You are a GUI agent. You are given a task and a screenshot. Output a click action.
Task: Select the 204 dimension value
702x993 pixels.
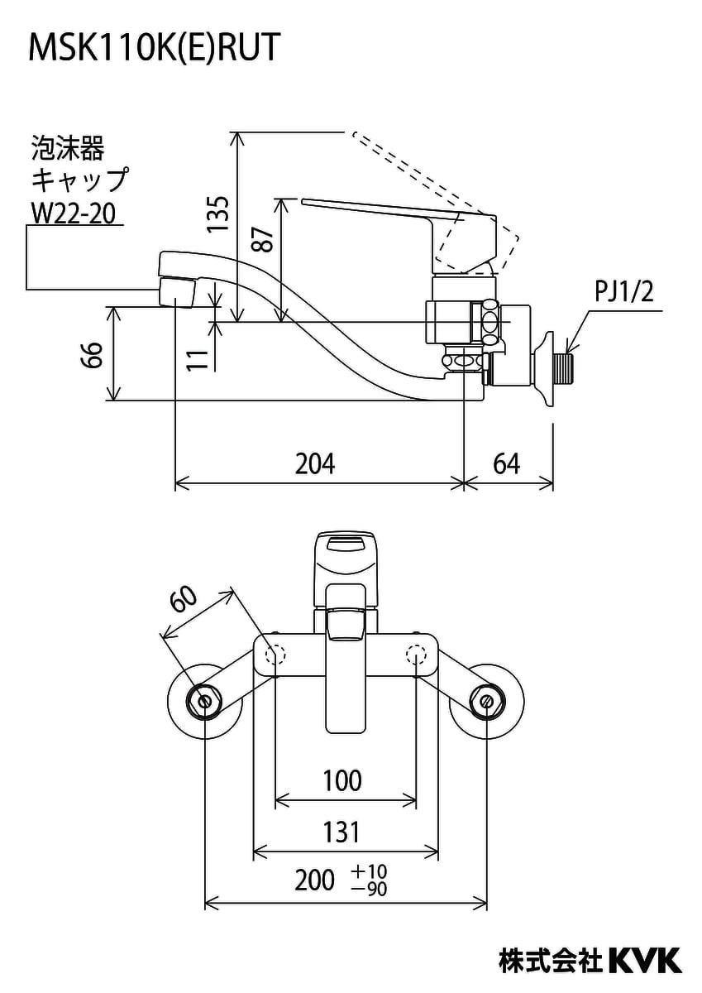click(316, 463)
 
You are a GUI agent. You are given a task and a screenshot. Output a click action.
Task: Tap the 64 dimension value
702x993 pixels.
click(506, 463)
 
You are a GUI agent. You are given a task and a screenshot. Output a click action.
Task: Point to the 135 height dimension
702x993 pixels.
click(217, 214)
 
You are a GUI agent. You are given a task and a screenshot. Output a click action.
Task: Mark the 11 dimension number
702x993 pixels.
click(196, 357)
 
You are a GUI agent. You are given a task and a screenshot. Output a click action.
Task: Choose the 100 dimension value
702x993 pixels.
click(341, 780)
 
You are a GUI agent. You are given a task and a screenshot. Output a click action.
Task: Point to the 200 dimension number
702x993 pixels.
click(315, 880)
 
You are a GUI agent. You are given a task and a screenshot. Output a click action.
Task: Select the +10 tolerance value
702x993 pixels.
click(368, 871)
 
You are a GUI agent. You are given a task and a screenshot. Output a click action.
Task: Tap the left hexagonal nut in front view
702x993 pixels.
click(204, 700)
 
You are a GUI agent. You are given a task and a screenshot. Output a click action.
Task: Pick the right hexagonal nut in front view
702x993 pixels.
click(485, 700)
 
